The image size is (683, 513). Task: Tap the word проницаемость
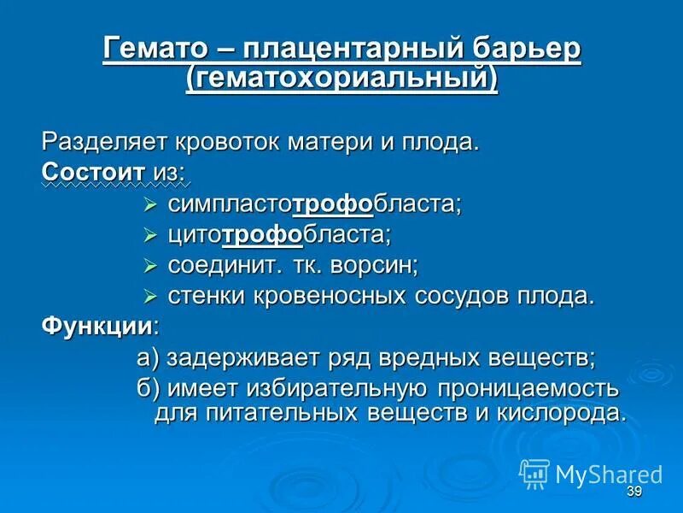(x=527, y=388)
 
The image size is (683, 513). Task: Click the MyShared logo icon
(x=534, y=473)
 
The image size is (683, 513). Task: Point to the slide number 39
(x=633, y=491)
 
